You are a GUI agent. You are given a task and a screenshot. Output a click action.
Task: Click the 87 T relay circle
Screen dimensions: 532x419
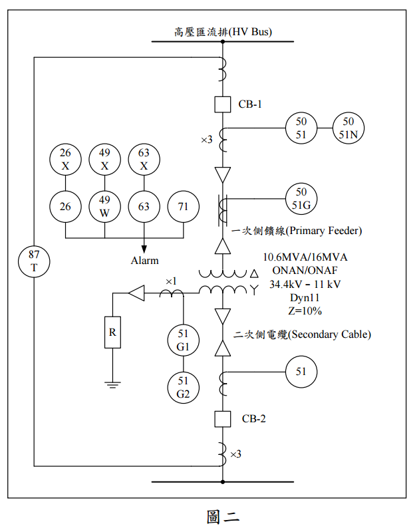pyautogui.click(x=34, y=261)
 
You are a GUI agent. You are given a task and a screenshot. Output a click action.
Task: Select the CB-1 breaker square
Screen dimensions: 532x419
pyautogui.click(x=223, y=104)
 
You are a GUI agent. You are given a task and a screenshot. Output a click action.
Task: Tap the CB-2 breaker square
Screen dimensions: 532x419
pyautogui.click(x=223, y=419)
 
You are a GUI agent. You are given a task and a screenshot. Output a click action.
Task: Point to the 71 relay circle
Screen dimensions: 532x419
pyautogui.click(x=183, y=207)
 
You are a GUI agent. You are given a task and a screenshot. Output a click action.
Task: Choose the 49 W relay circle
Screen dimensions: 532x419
pyautogui.click(x=104, y=207)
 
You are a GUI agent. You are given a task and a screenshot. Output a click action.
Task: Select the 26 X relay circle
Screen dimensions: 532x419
pyautogui.click(x=65, y=159)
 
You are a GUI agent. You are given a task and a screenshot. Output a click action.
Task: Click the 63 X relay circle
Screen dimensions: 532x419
pyautogui.click(x=144, y=159)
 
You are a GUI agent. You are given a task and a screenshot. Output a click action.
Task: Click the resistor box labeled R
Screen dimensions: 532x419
pyautogui.click(x=112, y=332)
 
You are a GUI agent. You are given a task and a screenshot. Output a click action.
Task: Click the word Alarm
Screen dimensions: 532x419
pyautogui.click(x=144, y=261)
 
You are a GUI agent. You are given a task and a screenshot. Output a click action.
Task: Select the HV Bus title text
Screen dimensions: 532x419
pyautogui.click(x=223, y=31)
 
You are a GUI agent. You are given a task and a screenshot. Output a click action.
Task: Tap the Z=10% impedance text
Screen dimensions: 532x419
pyautogui.click(x=305, y=310)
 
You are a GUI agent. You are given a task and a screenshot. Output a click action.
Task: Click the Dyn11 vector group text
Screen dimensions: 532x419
pyautogui.click(x=305, y=297)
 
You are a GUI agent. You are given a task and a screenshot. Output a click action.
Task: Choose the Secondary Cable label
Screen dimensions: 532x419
pyautogui.click(x=303, y=334)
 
